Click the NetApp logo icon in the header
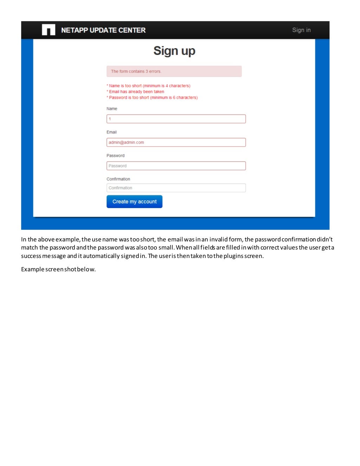49,30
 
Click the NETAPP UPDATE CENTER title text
103,30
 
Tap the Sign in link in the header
301,30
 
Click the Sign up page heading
174,51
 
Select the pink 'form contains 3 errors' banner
174,71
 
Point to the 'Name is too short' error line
149,86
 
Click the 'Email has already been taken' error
136,92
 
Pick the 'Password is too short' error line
153,98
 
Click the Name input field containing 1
176,119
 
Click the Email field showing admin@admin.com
176,142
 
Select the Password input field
176,166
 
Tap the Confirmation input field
176,188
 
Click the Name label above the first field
112,109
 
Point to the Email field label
111,132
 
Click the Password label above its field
115,156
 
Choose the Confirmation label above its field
118,179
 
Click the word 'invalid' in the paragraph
218,239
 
